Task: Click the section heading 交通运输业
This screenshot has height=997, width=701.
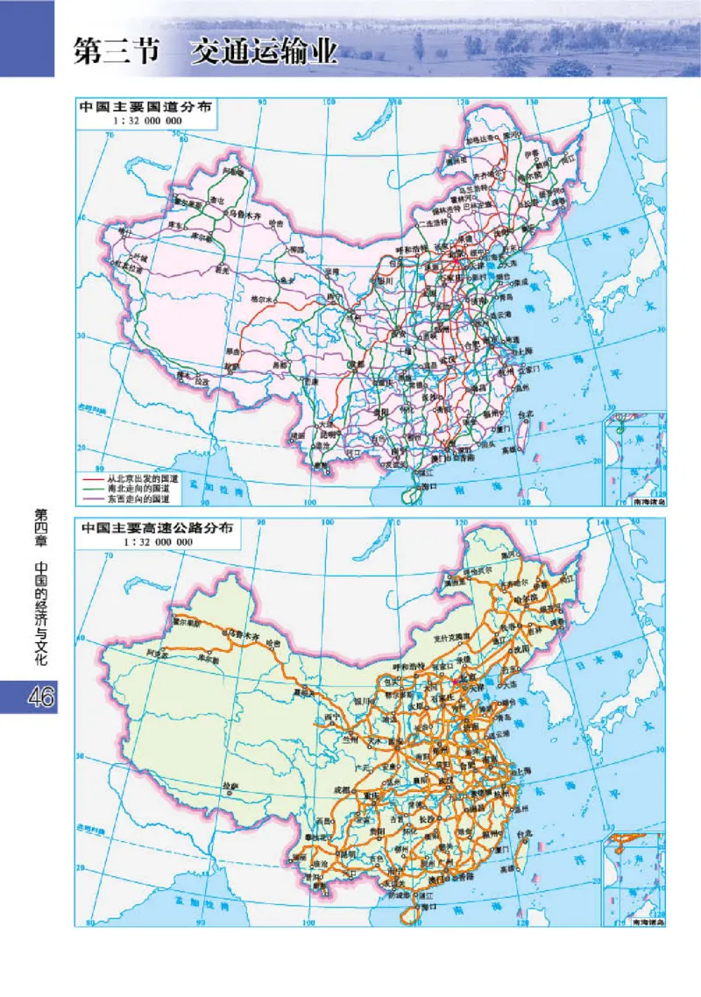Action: (x=266, y=52)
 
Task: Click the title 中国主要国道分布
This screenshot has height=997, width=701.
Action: (x=144, y=109)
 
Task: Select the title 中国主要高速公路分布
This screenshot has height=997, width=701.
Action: (x=158, y=529)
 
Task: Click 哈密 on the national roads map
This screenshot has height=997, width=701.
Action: (x=277, y=224)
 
